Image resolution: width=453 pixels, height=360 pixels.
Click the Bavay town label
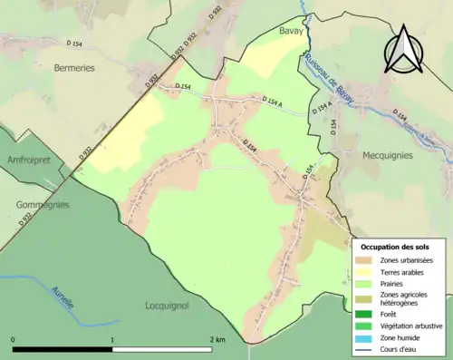(x=291, y=31)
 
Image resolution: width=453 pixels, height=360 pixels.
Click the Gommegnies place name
(x=42, y=205)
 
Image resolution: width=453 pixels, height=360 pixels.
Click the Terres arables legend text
(x=404, y=272)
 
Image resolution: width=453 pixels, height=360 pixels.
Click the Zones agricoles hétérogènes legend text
(x=405, y=299)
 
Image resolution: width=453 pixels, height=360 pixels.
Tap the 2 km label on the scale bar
(x=217, y=339)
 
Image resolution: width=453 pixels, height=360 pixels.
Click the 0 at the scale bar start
(x=13, y=339)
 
